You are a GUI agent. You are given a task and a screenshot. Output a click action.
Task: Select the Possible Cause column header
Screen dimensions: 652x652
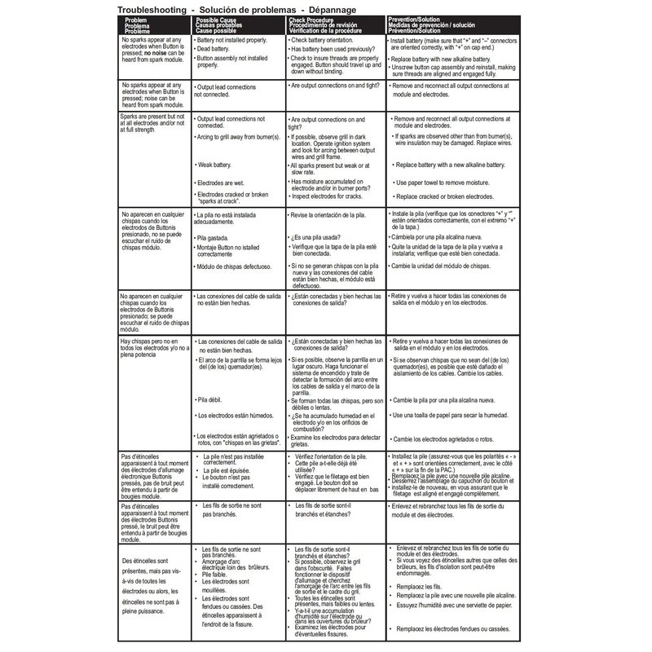222,18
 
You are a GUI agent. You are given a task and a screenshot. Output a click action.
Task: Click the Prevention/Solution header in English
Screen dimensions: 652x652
418,18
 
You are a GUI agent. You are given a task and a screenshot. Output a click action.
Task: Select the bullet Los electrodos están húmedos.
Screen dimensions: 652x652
236,416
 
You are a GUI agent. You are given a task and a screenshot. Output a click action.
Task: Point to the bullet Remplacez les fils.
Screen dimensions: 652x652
423,585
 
